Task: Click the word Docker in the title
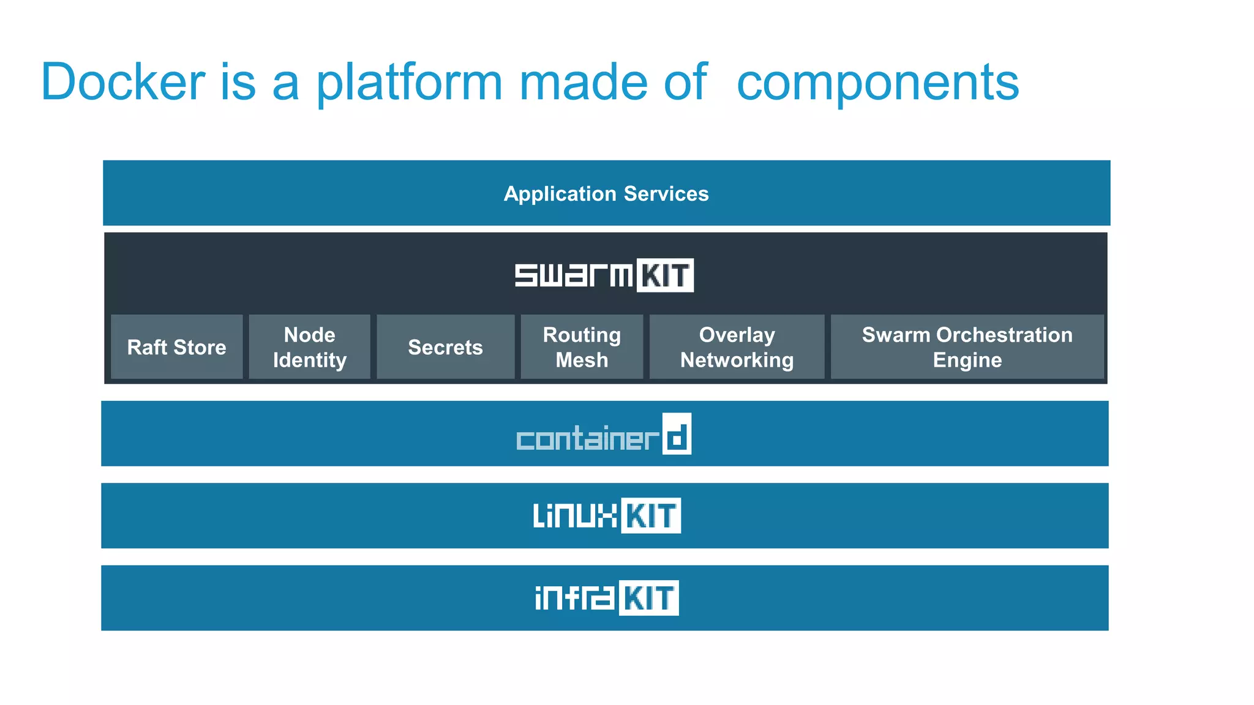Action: click(x=122, y=82)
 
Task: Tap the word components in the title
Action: click(x=877, y=82)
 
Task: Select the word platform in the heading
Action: click(x=409, y=82)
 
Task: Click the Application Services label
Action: click(x=606, y=193)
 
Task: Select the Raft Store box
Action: click(x=176, y=347)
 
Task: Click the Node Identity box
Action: click(x=309, y=347)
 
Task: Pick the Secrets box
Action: click(x=445, y=347)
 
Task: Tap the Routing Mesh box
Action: click(x=582, y=347)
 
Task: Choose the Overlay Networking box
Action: click(x=737, y=347)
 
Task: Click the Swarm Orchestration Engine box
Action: click(x=967, y=347)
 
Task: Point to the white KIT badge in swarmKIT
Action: click(x=665, y=275)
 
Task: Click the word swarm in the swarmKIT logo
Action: click(x=574, y=275)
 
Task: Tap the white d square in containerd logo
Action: click(x=677, y=434)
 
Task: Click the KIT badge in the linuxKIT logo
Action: click(x=651, y=515)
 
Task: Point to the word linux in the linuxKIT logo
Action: click(x=575, y=515)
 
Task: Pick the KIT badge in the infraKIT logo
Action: click(x=649, y=598)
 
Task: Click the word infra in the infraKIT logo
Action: click(x=574, y=598)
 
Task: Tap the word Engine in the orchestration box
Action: click(x=967, y=360)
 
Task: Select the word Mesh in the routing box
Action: click(x=582, y=360)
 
